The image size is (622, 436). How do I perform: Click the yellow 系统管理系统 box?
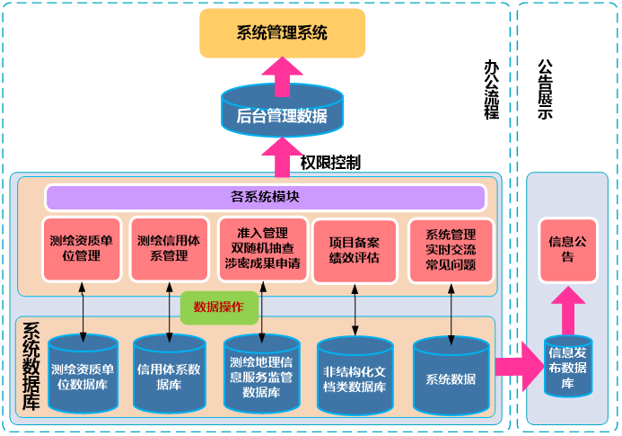(282, 33)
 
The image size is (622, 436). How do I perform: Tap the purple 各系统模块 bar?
(265, 197)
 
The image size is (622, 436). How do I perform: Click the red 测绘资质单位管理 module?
(82, 249)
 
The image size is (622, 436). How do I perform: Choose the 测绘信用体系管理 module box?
(169, 249)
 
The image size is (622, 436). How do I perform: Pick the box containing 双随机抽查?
(263, 249)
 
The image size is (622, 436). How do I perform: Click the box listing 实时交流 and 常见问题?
(451, 249)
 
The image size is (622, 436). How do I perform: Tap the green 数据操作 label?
(220, 307)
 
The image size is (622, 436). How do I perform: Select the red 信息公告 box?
(567, 249)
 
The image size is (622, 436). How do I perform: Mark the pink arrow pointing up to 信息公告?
(567, 310)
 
